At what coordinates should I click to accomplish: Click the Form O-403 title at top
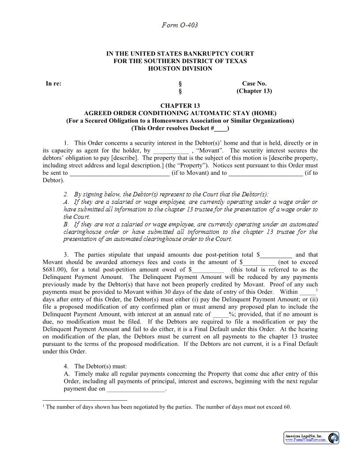pyautogui.click(x=180, y=25)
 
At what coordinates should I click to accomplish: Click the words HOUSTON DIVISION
pyautogui.click(x=180, y=68)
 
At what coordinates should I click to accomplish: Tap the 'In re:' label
pyautogui.click(x=53, y=83)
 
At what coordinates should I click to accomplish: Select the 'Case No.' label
pyautogui.click(x=254, y=83)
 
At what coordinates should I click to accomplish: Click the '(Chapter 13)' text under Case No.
pyautogui.click(x=254, y=91)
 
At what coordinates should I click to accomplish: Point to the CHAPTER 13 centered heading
pyautogui.click(x=180, y=106)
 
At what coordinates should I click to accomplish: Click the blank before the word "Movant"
pyautogui.click(x=171, y=151)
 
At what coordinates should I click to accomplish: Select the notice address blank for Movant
pyautogui.click(x=120, y=173)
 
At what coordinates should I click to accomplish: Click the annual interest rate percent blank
pyautogui.click(x=221, y=315)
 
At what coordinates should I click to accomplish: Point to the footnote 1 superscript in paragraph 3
pyautogui.click(x=317, y=289)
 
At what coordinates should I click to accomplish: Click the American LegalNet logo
pyautogui.click(x=311, y=438)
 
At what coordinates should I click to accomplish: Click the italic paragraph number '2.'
pyautogui.click(x=66, y=195)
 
